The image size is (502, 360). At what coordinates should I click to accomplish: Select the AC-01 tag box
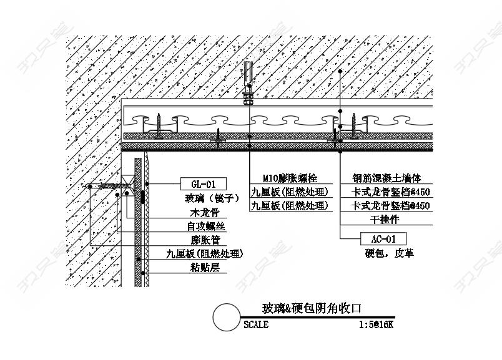click(x=384, y=239)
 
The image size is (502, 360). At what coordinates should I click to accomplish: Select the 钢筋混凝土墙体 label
click(x=386, y=178)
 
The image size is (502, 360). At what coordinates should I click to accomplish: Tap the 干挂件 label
click(x=385, y=220)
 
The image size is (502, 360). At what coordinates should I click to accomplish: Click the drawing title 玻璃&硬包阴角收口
click(x=312, y=308)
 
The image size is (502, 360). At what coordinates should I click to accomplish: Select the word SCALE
click(x=256, y=325)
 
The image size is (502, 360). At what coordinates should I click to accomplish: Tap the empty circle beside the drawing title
click(x=226, y=318)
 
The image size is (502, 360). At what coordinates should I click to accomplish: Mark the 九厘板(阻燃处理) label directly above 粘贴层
click(x=204, y=254)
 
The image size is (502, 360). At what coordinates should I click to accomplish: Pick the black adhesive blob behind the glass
click(x=143, y=198)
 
